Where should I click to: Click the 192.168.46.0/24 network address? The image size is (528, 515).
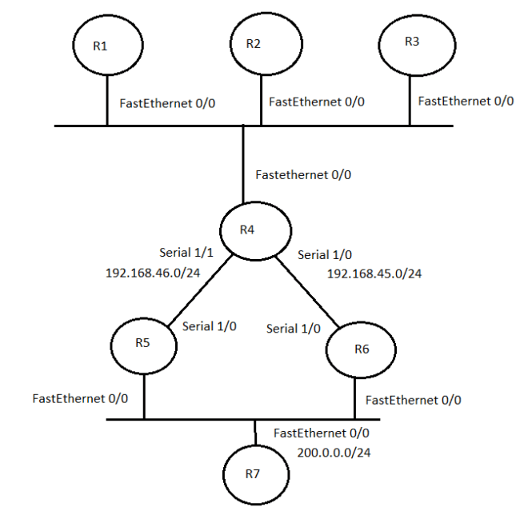point(152,273)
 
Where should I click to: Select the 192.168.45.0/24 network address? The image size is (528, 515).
point(374,273)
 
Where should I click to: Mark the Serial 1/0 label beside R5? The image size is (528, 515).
point(209,326)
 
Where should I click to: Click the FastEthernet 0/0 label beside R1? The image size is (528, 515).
point(167,103)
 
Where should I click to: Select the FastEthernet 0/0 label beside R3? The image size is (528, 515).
point(466,101)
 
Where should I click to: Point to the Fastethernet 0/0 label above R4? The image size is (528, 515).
point(303,174)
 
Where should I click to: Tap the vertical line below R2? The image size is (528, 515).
point(261,100)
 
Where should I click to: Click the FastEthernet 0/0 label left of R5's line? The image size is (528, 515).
point(80,397)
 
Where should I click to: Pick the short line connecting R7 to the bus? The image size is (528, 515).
point(255,433)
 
